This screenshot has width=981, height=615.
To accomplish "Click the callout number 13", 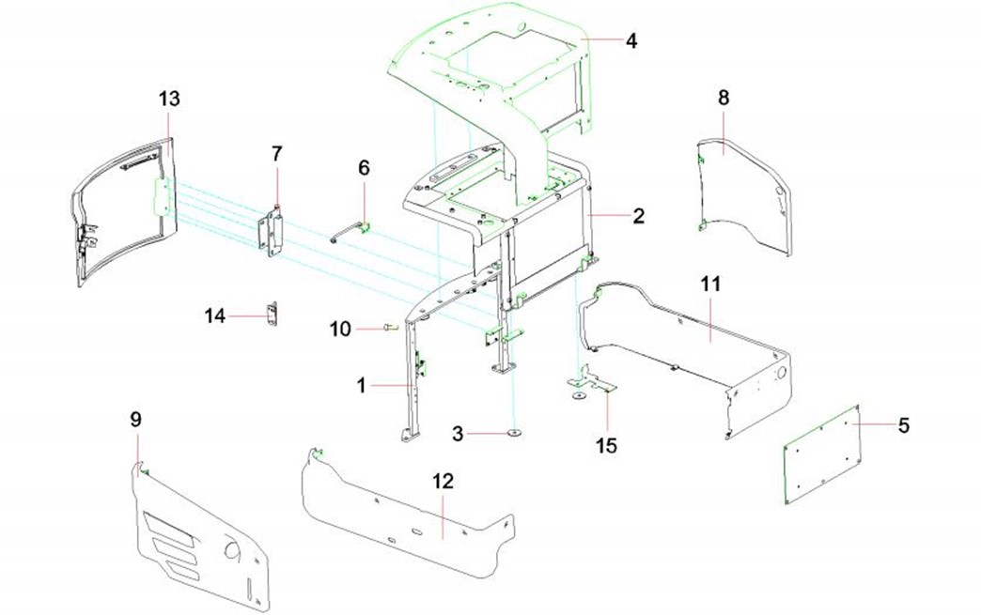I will (x=169, y=99).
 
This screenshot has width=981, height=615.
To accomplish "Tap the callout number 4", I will (x=631, y=41).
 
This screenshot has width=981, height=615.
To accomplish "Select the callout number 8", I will (x=724, y=98).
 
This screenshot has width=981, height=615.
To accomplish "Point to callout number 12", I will (x=443, y=482).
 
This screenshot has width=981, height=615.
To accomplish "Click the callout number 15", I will (x=608, y=445).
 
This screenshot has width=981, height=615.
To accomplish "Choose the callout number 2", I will (x=638, y=215).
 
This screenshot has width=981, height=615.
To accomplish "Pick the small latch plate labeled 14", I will (x=273, y=315).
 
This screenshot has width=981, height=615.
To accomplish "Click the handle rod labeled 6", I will (x=350, y=228).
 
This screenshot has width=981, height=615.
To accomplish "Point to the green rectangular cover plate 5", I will (x=823, y=454).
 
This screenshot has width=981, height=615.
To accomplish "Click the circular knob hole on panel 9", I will (x=229, y=548).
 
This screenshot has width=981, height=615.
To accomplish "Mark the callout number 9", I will (x=135, y=419).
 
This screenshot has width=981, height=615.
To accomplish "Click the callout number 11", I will (x=709, y=283).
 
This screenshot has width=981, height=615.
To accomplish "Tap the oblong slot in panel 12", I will (x=413, y=531).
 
